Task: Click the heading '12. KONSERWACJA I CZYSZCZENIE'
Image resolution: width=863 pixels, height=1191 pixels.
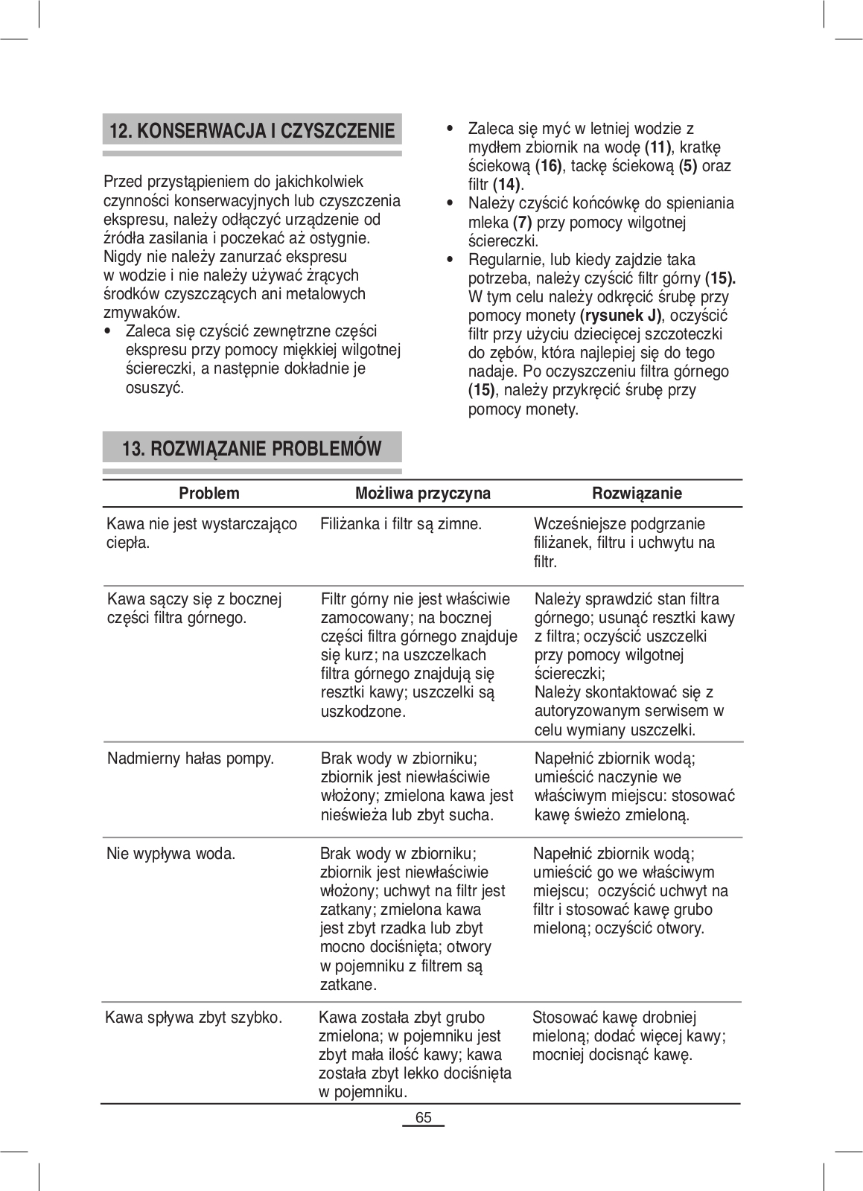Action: click(252, 132)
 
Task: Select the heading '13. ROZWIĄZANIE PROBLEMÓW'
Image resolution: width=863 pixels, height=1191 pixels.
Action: click(252, 449)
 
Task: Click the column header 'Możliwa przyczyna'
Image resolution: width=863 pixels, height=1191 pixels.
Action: click(422, 494)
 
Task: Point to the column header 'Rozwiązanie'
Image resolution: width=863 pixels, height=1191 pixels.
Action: click(637, 494)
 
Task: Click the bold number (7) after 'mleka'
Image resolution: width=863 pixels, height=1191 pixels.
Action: click(522, 223)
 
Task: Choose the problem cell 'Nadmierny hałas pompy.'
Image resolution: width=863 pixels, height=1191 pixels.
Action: click(191, 759)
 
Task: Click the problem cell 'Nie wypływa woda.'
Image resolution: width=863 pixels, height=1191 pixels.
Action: click(171, 854)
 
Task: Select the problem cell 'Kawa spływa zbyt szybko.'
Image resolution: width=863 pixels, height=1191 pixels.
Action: click(194, 1018)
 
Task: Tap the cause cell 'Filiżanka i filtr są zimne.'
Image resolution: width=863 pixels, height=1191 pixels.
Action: click(401, 524)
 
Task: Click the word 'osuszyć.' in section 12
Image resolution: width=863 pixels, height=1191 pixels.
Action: click(155, 388)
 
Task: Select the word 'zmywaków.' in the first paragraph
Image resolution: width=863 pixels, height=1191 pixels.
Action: click(141, 313)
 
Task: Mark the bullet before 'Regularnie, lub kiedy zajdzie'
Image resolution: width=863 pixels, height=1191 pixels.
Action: click(449, 260)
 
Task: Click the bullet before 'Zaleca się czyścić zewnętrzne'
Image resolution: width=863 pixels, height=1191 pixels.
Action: click(109, 331)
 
